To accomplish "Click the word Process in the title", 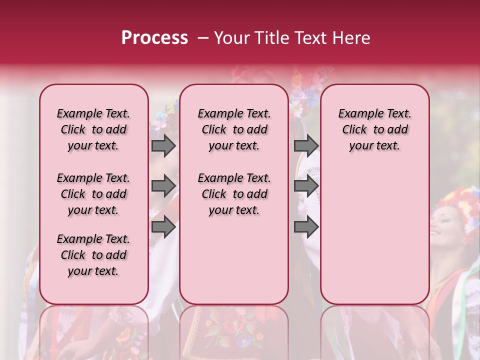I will click(x=154, y=38).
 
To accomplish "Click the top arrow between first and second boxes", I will click(x=163, y=146).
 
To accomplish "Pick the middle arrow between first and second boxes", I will click(x=163, y=186).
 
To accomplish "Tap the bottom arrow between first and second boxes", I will click(x=163, y=226).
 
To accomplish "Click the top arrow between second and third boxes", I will click(x=306, y=146).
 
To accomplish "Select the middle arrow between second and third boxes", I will click(x=306, y=186).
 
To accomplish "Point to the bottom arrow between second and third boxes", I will click(x=306, y=226).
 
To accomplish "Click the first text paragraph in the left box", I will click(x=93, y=129).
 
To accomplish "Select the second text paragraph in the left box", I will click(x=93, y=194).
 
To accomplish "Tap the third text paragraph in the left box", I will click(x=93, y=255).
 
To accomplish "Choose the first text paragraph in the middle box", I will click(x=234, y=129).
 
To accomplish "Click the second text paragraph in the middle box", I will click(x=234, y=194).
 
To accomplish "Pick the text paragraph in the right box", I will click(x=374, y=129).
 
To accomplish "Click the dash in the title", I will click(x=203, y=38).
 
